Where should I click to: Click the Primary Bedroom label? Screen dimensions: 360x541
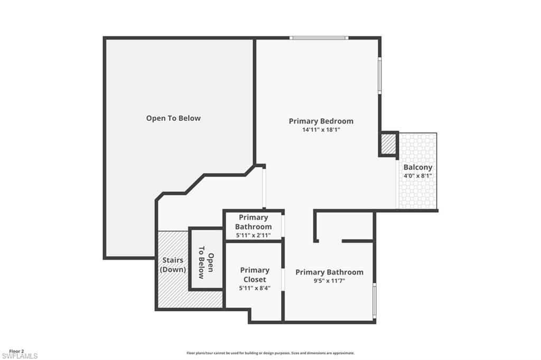(321, 121)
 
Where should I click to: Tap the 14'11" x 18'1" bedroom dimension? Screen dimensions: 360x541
(321, 129)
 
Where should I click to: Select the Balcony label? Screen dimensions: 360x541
(417, 167)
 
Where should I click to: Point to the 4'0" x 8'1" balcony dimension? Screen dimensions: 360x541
(417, 176)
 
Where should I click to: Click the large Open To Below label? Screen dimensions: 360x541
(173, 118)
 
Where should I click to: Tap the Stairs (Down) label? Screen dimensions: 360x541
(173, 265)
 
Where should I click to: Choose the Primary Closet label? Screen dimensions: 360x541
(255, 274)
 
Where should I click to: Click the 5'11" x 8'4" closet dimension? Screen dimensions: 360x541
(255, 288)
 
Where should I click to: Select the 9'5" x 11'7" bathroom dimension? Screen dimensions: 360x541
(329, 281)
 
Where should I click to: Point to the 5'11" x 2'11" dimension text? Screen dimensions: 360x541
(254, 235)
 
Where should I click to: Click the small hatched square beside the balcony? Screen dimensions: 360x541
(388, 144)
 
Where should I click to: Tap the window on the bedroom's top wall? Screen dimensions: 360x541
(319, 38)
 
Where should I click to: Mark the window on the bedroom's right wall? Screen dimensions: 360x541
(379, 75)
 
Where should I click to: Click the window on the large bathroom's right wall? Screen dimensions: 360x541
(374, 301)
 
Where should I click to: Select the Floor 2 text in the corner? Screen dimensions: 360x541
(16, 351)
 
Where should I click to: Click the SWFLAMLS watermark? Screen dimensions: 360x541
(20, 356)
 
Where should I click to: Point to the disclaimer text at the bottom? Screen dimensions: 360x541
(270, 353)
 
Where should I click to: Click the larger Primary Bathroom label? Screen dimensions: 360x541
(329, 272)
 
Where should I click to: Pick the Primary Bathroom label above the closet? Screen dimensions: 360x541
(254, 222)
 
